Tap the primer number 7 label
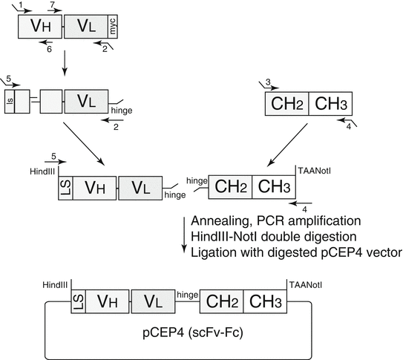pyautogui.click(x=52, y=5)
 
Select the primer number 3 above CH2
pyautogui.click(x=269, y=80)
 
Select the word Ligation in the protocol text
pyautogui.click(x=213, y=253)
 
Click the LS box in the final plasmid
pyautogui.click(x=78, y=302)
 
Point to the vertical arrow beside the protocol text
pyautogui.click(x=183, y=237)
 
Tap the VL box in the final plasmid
pyautogui.click(x=153, y=302)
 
